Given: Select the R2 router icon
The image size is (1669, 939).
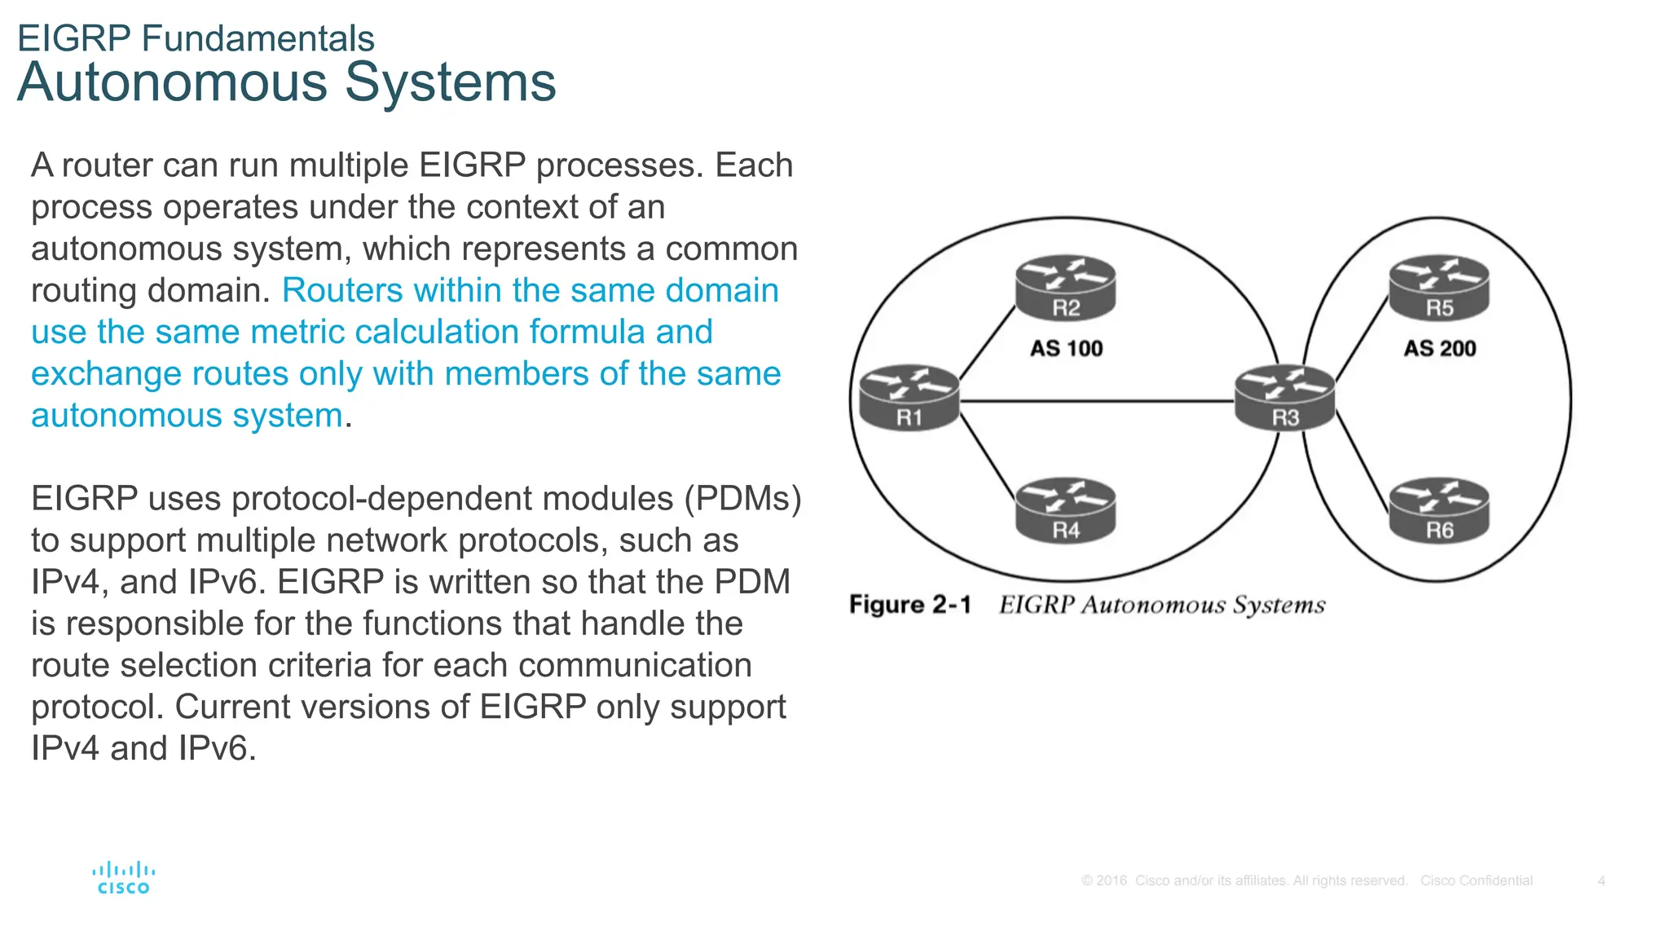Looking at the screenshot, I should [x=1065, y=288].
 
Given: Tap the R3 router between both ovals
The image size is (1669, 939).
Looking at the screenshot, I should [x=1285, y=397].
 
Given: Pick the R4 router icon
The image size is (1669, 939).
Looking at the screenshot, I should [x=1065, y=510].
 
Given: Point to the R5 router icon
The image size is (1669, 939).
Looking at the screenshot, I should [x=1439, y=288].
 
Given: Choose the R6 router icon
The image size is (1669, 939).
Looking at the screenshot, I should [x=1439, y=510].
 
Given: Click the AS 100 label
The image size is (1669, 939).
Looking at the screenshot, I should [x=1066, y=349].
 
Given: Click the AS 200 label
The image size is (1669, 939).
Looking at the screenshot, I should [x=1439, y=349].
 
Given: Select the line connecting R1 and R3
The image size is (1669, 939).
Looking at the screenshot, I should [x=1096, y=401].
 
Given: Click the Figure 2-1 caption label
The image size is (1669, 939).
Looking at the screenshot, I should [x=909, y=605].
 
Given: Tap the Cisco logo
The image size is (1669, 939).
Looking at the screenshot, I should [x=124, y=878].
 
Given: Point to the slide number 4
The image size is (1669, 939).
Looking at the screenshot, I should [x=1601, y=881].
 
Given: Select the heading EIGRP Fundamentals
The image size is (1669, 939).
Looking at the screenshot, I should [x=196, y=38].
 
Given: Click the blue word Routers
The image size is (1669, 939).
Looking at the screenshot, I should [x=342, y=291].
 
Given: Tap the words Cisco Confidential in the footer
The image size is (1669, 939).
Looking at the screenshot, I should [x=1476, y=881].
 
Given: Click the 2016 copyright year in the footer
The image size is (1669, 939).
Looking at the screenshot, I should [x=1111, y=881].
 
